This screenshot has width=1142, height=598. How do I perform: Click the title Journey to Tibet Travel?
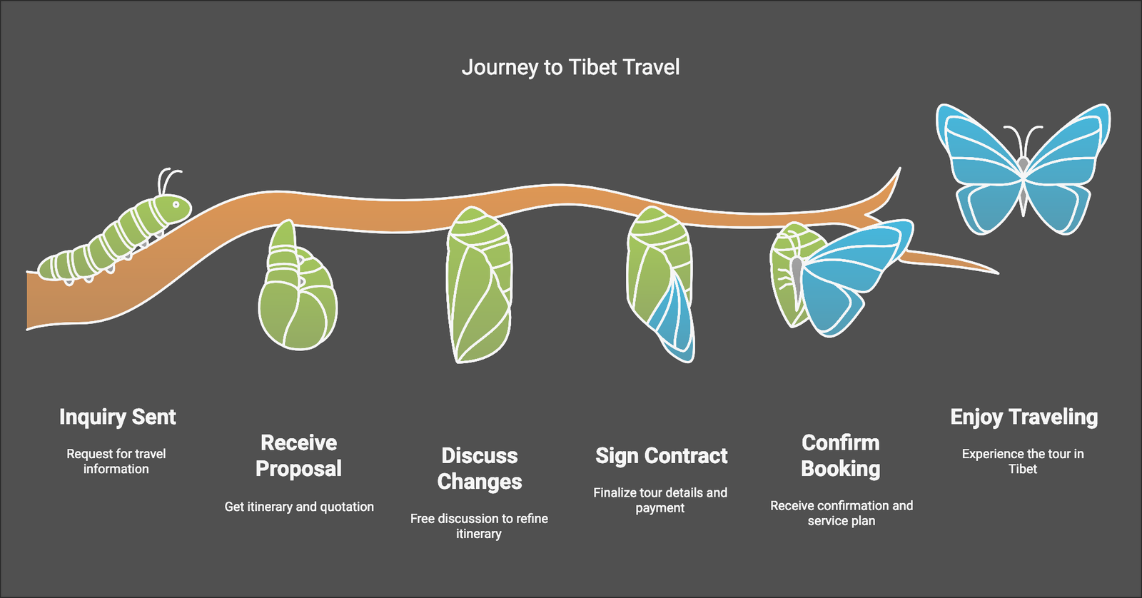click(570, 68)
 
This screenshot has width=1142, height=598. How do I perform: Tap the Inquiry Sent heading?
click(117, 417)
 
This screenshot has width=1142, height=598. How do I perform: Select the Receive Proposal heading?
click(299, 455)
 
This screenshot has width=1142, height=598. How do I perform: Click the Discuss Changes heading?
click(479, 469)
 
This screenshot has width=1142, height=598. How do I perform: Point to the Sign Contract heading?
click(661, 456)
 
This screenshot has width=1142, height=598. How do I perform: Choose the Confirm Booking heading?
click(841, 456)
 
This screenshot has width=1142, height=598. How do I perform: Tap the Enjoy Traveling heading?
click(1024, 417)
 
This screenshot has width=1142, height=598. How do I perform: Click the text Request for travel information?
click(116, 462)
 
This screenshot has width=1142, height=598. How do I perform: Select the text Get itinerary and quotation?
click(299, 507)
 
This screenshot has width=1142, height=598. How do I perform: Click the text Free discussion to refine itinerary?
click(479, 526)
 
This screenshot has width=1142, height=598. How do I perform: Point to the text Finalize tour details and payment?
click(660, 500)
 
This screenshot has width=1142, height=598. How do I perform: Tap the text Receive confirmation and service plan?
click(842, 513)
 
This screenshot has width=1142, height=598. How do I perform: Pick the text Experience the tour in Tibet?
click(1024, 462)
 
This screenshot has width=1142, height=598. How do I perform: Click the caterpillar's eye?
click(176, 205)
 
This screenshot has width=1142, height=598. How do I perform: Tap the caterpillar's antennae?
click(168, 181)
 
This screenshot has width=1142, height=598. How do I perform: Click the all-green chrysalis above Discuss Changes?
click(479, 285)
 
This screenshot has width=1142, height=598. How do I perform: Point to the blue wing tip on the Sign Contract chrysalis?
click(673, 321)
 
